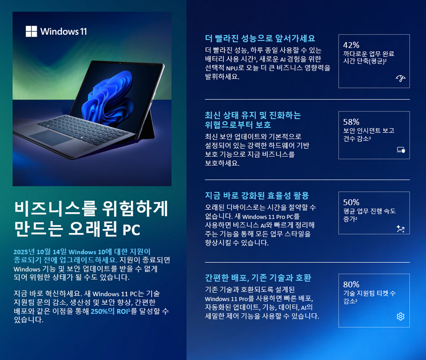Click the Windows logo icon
[31, 31]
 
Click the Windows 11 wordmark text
[63, 32]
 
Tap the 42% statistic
[351, 45]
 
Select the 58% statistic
[351, 122]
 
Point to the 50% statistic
[351, 202]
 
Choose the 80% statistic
[351, 285]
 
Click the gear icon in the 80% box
[400, 316]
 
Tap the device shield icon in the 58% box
[401, 150]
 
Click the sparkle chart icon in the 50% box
[400, 229]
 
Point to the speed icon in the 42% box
[400, 78]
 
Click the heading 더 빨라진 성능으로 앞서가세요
[260, 38]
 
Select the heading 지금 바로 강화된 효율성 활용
[257, 195]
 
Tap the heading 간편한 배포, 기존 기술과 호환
[258, 278]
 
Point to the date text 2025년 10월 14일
[40, 252]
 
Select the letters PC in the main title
[131, 230]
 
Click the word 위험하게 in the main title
[135, 209]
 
